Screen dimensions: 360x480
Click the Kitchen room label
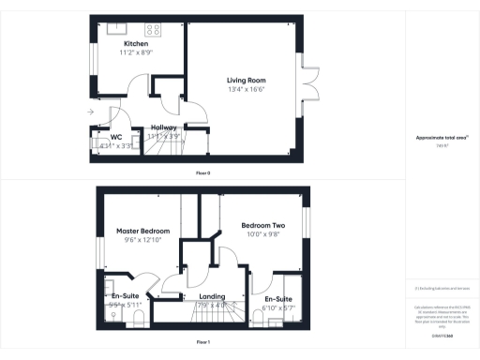tap(136, 44)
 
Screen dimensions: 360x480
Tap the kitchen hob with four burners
tap(154, 27)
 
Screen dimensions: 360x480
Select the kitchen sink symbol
tap(119, 28)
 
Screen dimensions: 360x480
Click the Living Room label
tap(247, 81)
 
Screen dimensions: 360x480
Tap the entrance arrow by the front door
tap(90, 112)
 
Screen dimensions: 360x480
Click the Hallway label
tap(164, 127)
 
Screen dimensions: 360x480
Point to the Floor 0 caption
tap(202, 172)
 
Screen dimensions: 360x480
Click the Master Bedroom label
tap(142, 230)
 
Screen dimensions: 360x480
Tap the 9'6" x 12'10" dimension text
tap(142, 239)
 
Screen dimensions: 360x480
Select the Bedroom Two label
tap(262, 226)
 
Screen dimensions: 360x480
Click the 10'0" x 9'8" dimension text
tap(262, 235)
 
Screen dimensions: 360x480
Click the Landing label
tap(212, 296)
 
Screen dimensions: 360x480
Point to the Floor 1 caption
tap(202, 343)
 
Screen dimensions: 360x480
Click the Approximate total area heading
tap(442, 138)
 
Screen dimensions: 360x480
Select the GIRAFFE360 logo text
tap(442, 322)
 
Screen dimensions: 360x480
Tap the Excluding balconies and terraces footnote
tap(442, 289)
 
